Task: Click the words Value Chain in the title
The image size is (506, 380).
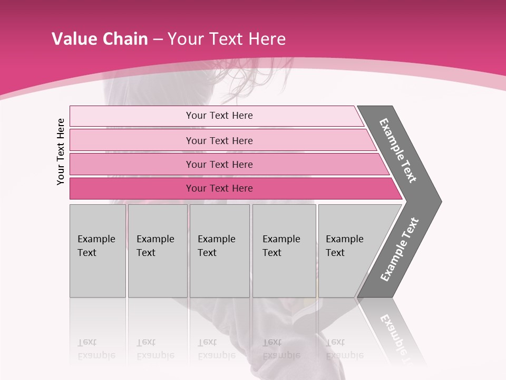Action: pyautogui.click(x=100, y=39)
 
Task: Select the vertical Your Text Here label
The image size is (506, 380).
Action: pyautogui.click(x=61, y=151)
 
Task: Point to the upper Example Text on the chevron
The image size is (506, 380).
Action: pyautogui.click(x=398, y=150)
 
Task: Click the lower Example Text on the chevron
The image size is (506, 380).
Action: pyautogui.click(x=400, y=249)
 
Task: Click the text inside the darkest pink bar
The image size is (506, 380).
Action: pyautogui.click(x=219, y=188)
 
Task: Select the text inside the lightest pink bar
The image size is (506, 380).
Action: pyautogui.click(x=219, y=116)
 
